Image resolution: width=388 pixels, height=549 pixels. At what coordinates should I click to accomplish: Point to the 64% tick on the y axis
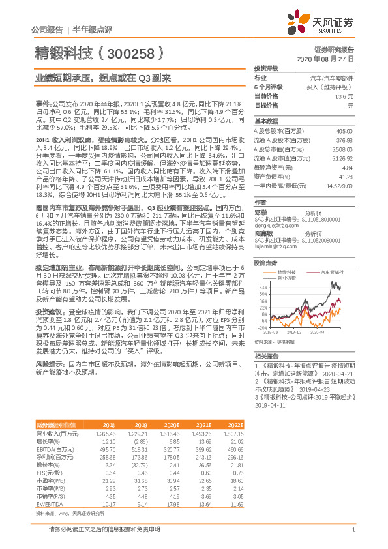261,286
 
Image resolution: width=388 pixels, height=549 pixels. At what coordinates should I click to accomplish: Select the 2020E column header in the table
175,424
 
